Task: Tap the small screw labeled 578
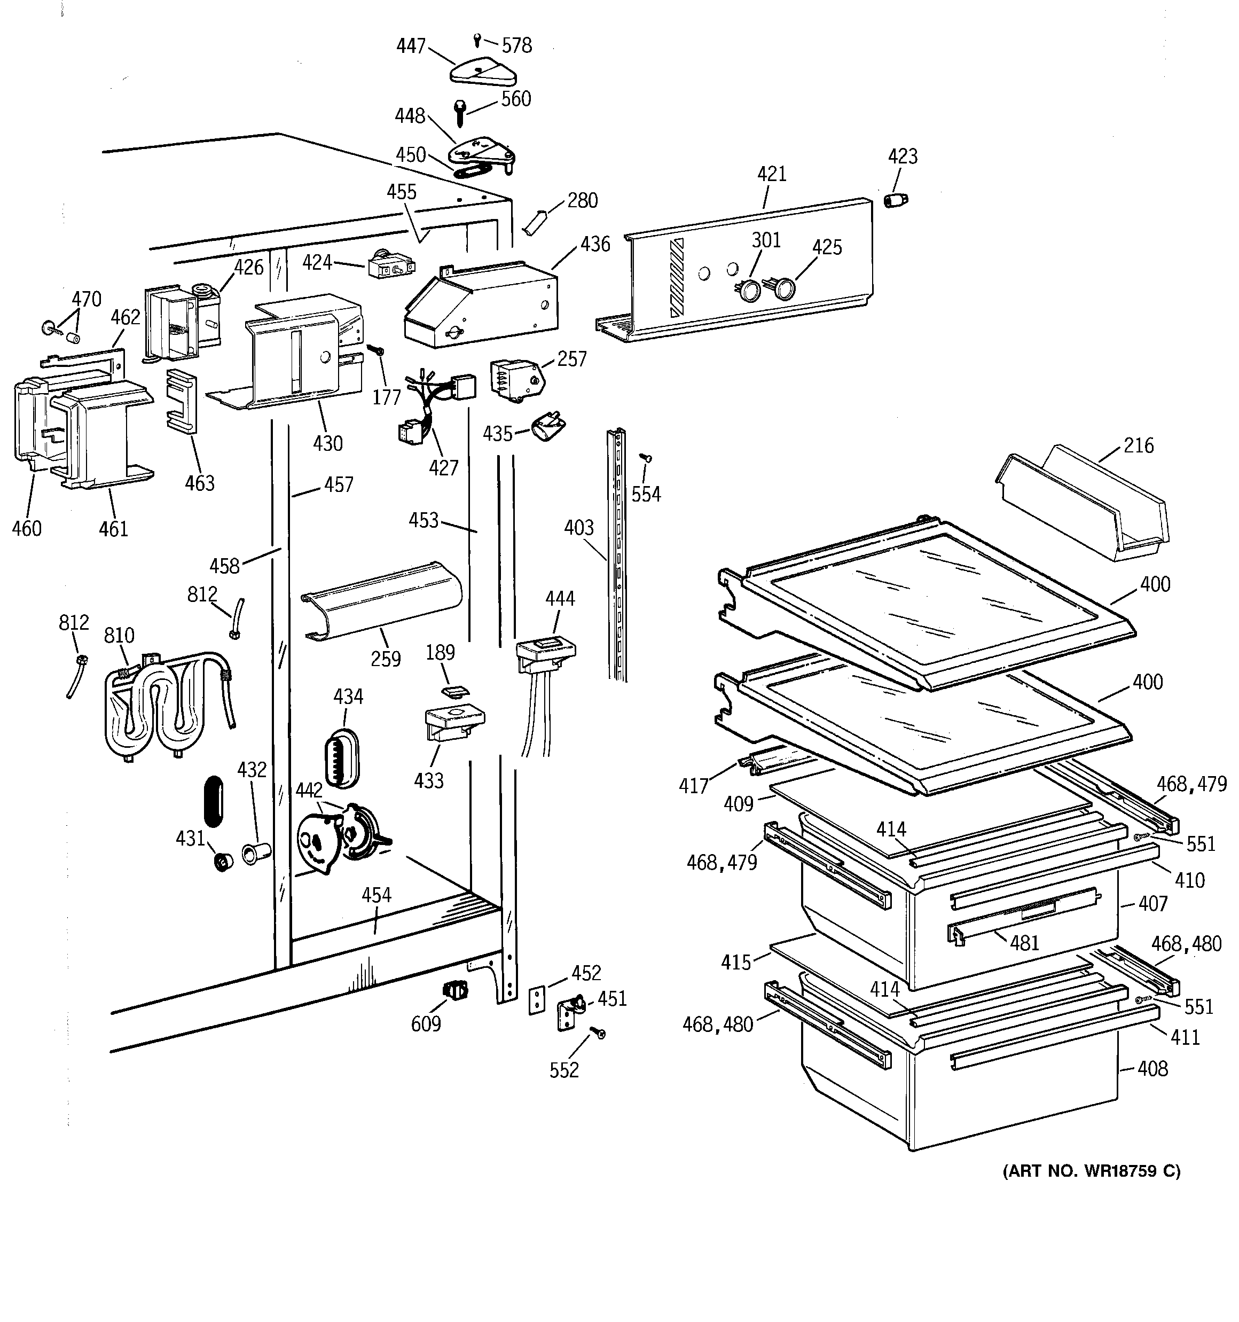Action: [x=477, y=40]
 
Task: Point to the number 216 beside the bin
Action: [x=1139, y=445]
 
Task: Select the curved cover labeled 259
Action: [x=382, y=600]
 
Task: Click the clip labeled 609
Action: [x=456, y=991]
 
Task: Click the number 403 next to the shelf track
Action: [x=578, y=527]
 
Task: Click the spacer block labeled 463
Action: [x=181, y=400]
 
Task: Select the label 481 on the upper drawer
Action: [x=1024, y=942]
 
